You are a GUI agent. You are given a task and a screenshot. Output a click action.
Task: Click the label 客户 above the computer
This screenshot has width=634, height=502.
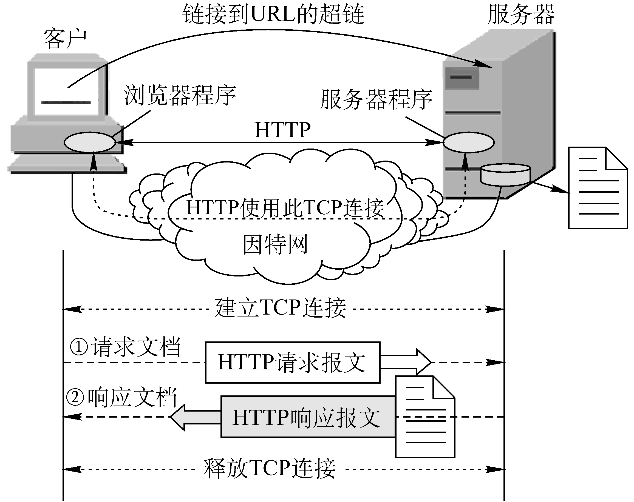65,39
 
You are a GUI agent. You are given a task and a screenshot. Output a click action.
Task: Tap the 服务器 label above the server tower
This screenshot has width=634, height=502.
521,15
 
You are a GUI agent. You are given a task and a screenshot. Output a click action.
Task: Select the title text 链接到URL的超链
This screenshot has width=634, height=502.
273,14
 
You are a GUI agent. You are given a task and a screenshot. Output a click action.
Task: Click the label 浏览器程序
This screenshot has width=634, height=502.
180,95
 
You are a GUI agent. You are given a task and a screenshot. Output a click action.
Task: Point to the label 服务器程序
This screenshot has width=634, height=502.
376,99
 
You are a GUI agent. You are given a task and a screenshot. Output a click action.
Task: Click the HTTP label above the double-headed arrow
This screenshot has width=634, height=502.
282,130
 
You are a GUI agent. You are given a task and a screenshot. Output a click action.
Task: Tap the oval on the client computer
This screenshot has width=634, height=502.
90,142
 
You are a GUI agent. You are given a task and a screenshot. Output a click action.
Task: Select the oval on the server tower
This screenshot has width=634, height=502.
468,142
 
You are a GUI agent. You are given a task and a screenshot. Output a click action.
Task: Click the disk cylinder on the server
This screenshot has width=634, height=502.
505,175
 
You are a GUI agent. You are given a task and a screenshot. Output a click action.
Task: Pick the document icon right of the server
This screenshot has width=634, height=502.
598,188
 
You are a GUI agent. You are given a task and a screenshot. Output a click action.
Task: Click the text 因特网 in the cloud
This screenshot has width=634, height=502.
275,244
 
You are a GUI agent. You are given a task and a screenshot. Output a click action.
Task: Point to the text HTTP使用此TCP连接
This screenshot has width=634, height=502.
285,208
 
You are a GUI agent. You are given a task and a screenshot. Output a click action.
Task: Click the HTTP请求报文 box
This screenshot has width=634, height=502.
292,363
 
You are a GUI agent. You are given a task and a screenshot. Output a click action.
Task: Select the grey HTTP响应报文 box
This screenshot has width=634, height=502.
307,417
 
